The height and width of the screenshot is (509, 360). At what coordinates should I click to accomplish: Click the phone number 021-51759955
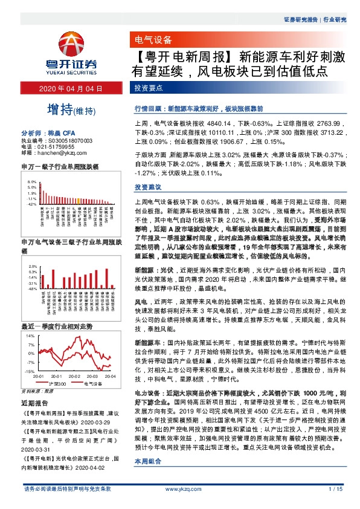[57, 146]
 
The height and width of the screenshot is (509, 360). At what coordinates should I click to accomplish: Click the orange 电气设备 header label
[151, 41]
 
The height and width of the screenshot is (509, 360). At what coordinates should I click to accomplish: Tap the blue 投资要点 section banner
[147, 89]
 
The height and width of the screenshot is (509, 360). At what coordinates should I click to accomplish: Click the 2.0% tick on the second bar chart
[32, 266]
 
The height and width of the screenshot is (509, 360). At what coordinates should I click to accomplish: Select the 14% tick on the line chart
[30, 334]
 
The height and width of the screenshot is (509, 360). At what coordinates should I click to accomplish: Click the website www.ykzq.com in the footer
[180, 488]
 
